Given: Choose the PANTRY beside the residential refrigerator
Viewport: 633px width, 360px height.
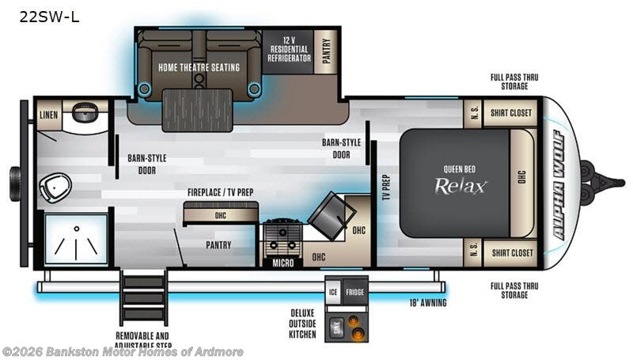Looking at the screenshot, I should point(324,51).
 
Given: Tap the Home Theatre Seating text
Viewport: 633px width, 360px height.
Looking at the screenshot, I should point(199,67).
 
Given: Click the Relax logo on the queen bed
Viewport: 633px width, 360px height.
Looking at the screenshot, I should point(461,186).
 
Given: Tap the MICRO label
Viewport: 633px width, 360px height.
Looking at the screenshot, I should point(283,263).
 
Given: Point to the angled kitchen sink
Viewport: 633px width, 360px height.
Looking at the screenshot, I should point(330,214).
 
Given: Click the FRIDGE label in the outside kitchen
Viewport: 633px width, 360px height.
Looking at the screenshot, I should point(354,291).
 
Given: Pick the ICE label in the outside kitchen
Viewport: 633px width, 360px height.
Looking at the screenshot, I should point(333,291).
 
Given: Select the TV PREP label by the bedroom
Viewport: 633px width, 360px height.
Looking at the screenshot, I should point(386,184).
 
